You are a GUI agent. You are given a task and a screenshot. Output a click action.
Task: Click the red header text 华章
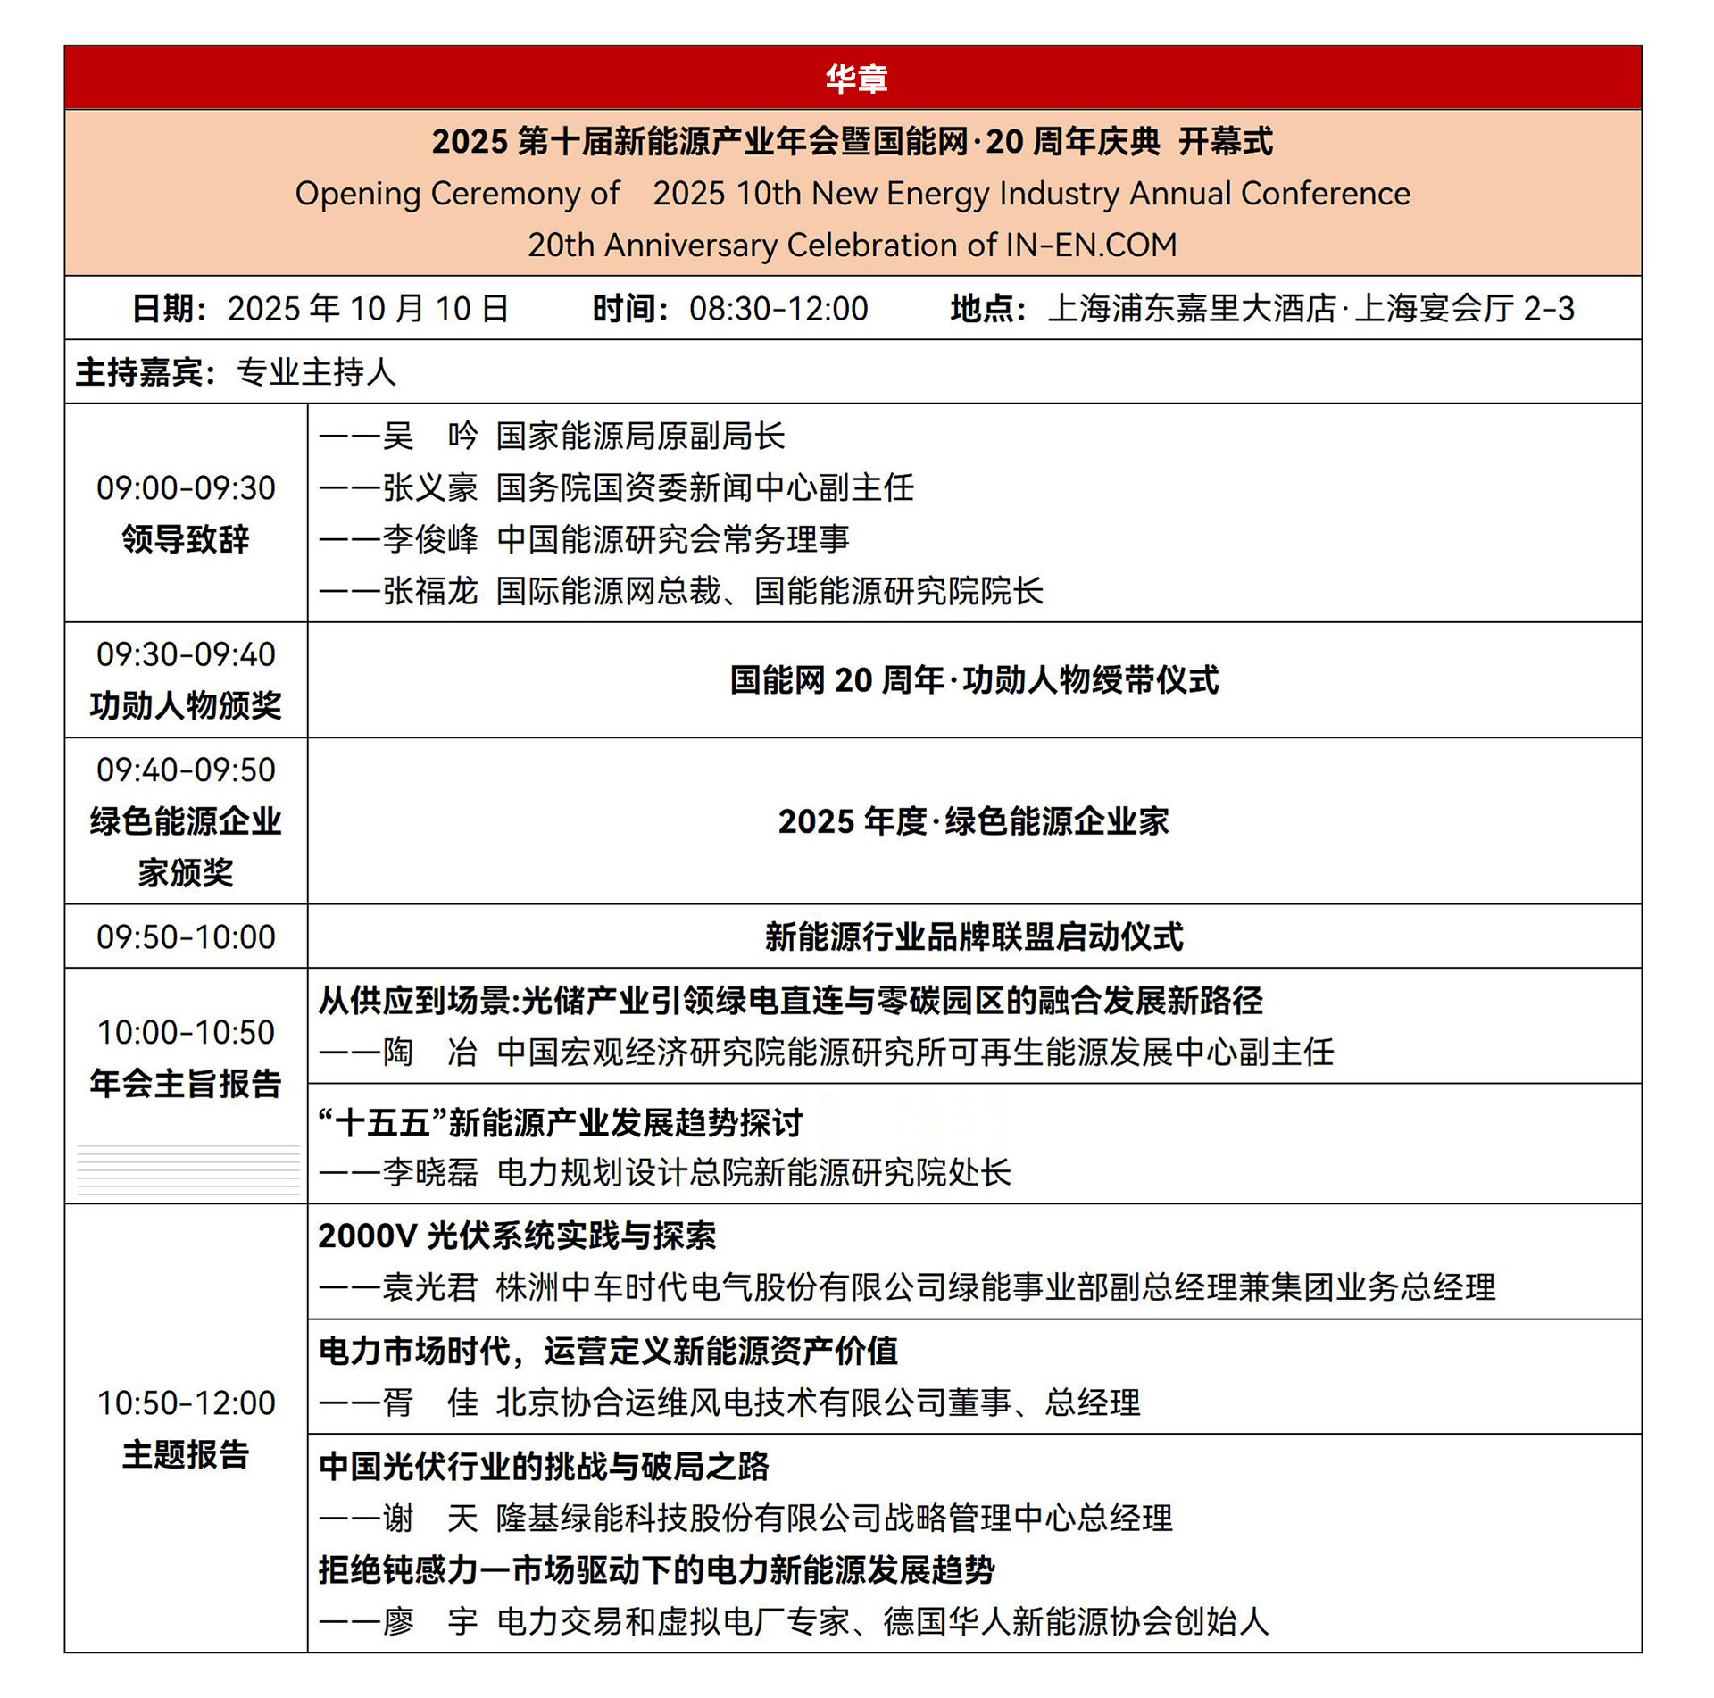855,79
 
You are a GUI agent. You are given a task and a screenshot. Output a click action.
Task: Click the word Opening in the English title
357,194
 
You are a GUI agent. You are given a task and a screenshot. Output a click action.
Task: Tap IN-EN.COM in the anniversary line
1091,246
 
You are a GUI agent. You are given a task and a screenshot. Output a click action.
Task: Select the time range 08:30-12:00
778,309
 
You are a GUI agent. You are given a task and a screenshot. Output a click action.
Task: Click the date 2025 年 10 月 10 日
368,309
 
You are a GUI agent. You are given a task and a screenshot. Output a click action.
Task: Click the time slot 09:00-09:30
186,488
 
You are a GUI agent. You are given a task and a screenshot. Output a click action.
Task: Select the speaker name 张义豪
430,488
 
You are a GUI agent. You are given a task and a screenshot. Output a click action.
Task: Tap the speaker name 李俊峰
430,539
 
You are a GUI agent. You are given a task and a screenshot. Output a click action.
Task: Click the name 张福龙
430,591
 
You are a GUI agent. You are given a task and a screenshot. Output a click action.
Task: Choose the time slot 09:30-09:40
186,654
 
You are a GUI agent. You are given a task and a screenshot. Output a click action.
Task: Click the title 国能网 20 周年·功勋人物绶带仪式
974,680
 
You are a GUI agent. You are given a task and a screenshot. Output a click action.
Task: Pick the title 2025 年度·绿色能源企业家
973,821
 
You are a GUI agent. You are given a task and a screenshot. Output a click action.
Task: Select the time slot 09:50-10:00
186,937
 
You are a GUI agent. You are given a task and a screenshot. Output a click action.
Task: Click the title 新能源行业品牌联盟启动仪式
973,937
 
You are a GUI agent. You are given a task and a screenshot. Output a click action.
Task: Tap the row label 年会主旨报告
186,1084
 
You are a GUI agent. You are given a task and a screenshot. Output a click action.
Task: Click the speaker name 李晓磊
430,1173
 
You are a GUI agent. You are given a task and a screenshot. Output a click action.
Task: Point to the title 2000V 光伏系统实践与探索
517,1236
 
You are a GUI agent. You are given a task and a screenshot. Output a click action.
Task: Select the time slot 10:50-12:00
186,1403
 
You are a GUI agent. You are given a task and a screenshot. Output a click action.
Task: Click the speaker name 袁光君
430,1287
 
